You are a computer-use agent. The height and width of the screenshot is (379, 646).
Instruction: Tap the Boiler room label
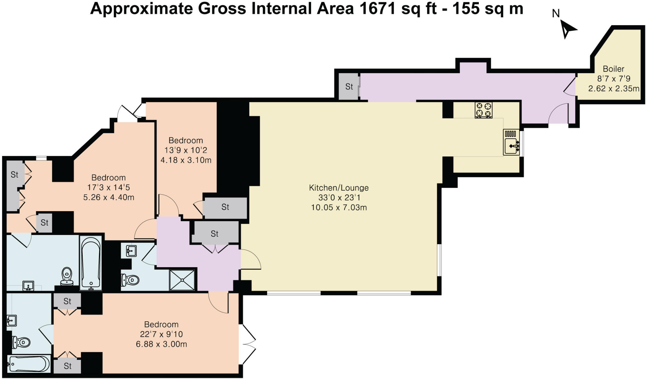pyautogui.click(x=613, y=69)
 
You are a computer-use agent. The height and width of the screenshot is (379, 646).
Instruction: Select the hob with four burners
pyautogui.click(x=484, y=110)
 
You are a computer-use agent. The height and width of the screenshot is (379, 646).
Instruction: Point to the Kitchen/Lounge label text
pyautogui.click(x=338, y=188)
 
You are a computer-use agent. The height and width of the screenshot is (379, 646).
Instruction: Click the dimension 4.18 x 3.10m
pyautogui.click(x=186, y=160)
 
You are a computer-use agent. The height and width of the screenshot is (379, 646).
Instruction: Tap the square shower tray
pyautogui.click(x=182, y=280)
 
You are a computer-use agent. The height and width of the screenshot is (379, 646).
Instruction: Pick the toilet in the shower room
pyautogui.click(x=130, y=280)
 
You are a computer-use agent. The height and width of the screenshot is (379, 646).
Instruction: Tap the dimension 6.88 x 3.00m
pyautogui.click(x=161, y=344)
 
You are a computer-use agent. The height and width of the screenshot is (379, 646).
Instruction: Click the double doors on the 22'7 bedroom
pyautogui.click(x=248, y=344)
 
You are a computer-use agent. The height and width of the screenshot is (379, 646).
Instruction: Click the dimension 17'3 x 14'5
pyautogui.click(x=108, y=187)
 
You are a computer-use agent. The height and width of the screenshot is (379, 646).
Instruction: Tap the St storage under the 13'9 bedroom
pyautogui.click(x=225, y=207)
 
